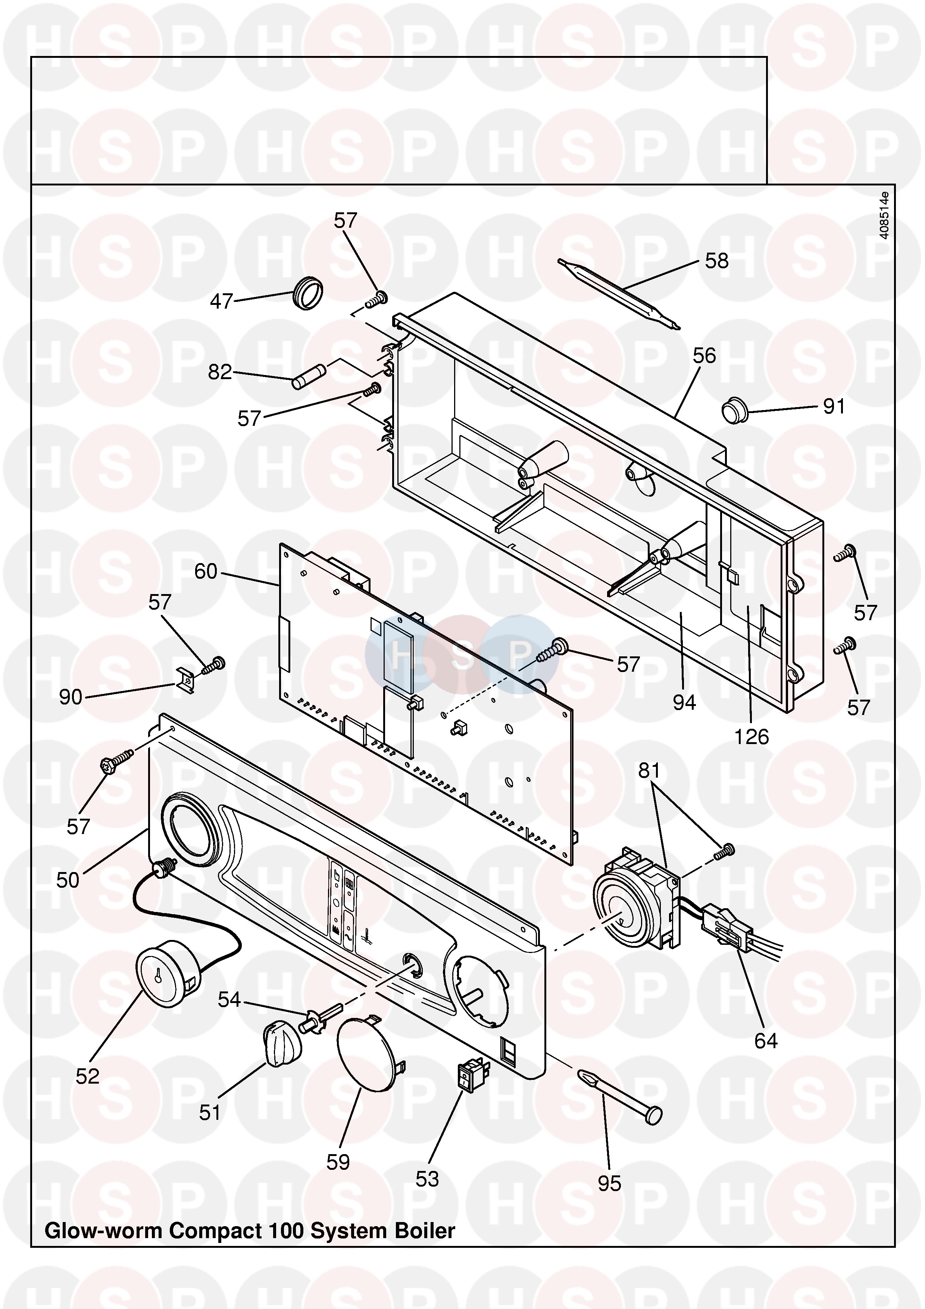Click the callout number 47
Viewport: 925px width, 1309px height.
(221, 301)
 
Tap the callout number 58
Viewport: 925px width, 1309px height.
(716, 261)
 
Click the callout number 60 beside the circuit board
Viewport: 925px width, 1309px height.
(206, 571)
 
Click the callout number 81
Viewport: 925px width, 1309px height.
(649, 771)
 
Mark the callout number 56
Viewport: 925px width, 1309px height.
(704, 356)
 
